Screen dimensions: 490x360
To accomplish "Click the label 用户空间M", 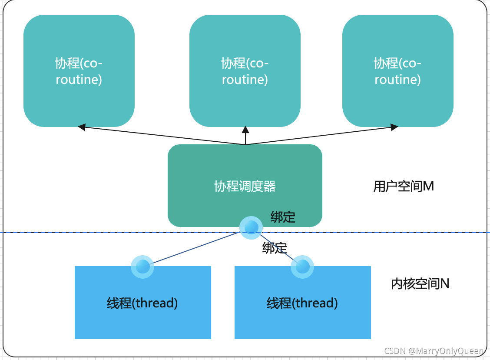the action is (x=404, y=186).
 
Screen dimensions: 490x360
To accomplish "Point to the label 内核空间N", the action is (x=420, y=283).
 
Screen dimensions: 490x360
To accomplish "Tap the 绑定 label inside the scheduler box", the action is (x=283, y=217).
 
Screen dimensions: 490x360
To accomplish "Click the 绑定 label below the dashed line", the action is (x=275, y=248).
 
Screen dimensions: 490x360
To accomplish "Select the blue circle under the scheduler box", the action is (x=251, y=227).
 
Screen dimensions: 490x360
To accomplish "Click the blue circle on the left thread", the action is (x=142, y=267).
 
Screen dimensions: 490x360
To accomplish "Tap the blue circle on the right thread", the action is (x=302, y=267).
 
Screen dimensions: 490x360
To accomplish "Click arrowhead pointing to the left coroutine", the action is (x=82, y=127).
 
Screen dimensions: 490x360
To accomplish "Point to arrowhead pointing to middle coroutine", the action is (x=245, y=130).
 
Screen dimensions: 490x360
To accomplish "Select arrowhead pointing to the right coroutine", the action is (x=394, y=127).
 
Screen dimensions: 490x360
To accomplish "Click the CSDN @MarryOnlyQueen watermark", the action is (x=434, y=351).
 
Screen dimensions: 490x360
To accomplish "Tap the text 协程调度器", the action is (x=245, y=186).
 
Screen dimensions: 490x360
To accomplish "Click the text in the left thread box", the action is (x=142, y=303).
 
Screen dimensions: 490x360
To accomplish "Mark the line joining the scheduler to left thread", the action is (x=195, y=247).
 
